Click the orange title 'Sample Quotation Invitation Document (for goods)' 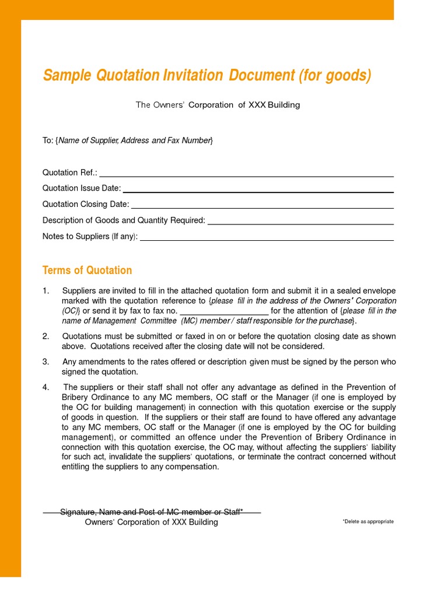pos(207,76)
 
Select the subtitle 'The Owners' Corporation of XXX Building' pos(218,105)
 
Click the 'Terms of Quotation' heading pos(87,271)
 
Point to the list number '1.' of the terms pos(46,291)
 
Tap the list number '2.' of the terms pos(46,336)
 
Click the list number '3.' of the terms pos(46,362)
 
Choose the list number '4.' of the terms pos(46,388)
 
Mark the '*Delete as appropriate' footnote pos(367,522)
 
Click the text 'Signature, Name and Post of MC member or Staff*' pos(152,512)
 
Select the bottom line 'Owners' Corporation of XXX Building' pos(152,522)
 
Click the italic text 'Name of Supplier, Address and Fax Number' pos(135,141)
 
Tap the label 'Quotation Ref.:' pos(70,173)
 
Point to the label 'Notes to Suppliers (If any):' pos(90,237)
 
